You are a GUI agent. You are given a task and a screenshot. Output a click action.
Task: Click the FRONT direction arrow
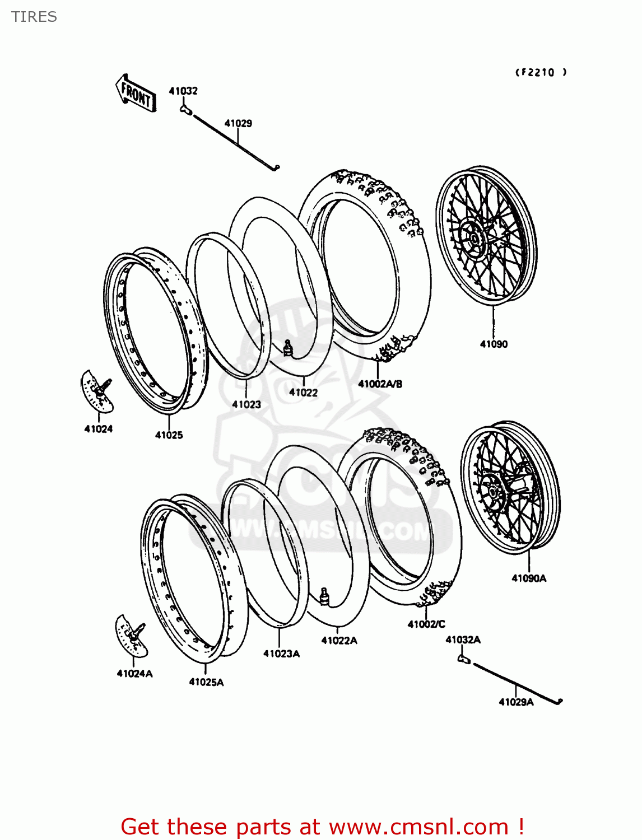tap(136, 93)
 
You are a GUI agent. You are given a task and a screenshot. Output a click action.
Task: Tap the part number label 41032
tap(183, 91)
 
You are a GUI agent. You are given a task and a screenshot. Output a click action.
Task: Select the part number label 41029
tap(238, 123)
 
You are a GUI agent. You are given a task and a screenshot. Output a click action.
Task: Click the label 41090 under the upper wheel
tap(494, 344)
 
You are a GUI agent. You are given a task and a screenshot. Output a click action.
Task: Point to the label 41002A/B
tap(380, 384)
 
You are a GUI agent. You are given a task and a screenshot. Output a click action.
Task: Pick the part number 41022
tap(303, 393)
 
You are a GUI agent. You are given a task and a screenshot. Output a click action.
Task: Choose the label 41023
tap(246, 404)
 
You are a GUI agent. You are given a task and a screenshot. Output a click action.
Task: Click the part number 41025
tap(169, 435)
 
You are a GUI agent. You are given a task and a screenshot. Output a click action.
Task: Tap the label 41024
tap(98, 429)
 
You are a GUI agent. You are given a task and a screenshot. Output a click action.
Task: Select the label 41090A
tap(529, 578)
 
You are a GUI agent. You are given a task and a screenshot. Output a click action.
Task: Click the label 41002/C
tap(426, 624)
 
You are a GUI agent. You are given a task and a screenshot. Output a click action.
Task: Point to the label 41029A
tap(516, 702)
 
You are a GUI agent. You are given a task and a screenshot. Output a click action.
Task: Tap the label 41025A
tap(206, 682)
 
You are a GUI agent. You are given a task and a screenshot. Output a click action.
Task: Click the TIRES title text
tap(34, 17)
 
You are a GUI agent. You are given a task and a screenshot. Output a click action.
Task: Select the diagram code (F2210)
tap(541, 72)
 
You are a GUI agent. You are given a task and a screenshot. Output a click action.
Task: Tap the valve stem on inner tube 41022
tap(289, 348)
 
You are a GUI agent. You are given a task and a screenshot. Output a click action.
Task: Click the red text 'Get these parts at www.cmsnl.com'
tap(322, 827)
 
